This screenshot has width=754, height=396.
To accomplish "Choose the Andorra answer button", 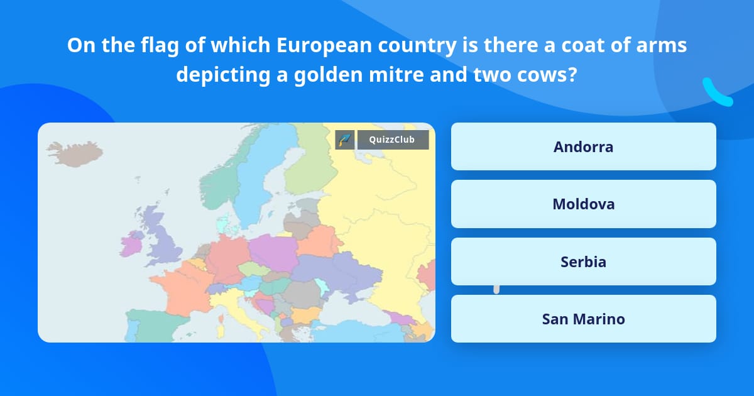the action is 583,146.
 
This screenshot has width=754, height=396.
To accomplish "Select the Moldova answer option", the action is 583,204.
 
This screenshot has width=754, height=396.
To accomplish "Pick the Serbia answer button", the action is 583,261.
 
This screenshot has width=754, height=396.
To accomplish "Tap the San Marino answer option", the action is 583,319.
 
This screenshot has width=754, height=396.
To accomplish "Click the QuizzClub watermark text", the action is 392,140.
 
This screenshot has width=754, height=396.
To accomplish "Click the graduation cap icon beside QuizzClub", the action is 345,140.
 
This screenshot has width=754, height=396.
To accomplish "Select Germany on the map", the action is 227,258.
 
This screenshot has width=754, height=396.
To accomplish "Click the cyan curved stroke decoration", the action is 716,94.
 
